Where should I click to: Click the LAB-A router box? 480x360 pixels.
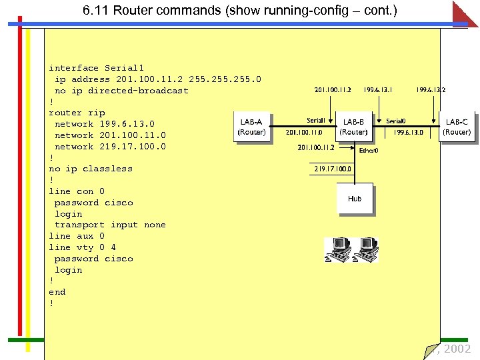pos(251,127)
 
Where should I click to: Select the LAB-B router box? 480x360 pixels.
pos(353,127)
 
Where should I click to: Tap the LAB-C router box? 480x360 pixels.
pos(457,127)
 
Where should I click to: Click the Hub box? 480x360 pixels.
pos(355,199)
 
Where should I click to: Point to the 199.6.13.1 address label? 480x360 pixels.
pos(378,89)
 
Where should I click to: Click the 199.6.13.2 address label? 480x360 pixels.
pos(431,89)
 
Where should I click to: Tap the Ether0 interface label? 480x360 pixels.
pos(369,151)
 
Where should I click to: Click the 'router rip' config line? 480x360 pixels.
pos(77,113)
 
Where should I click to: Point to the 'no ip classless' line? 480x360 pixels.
pos(91,169)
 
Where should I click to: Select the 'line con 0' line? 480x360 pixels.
pos(77,191)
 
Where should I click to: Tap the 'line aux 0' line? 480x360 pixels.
pos(77,236)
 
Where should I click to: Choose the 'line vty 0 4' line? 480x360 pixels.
pos(82,247)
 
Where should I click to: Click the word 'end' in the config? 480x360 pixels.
pos(57,292)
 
